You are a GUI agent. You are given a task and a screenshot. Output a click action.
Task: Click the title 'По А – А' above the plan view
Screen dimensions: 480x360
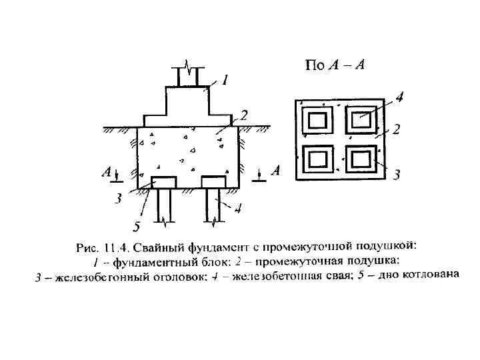[x=334, y=65]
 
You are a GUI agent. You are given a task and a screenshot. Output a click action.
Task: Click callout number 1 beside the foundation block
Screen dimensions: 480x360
[x=225, y=81]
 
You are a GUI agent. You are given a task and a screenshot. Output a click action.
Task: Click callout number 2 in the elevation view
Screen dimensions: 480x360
[x=244, y=116]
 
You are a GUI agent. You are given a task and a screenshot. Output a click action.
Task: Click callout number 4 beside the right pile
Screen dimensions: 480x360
[x=237, y=209]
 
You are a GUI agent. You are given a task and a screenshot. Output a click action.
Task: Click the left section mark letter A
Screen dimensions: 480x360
[x=106, y=172]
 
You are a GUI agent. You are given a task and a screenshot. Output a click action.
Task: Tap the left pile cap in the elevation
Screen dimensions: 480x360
[x=164, y=182]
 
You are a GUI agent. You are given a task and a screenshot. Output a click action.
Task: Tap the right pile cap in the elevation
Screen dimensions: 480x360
[x=214, y=182]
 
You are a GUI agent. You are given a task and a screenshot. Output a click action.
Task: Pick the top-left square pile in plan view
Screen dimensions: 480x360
[x=317, y=121]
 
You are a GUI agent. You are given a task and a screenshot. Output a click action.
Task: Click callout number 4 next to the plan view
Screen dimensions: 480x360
[x=399, y=98]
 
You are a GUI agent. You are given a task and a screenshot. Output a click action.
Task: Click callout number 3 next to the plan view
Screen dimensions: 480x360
[x=396, y=175]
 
